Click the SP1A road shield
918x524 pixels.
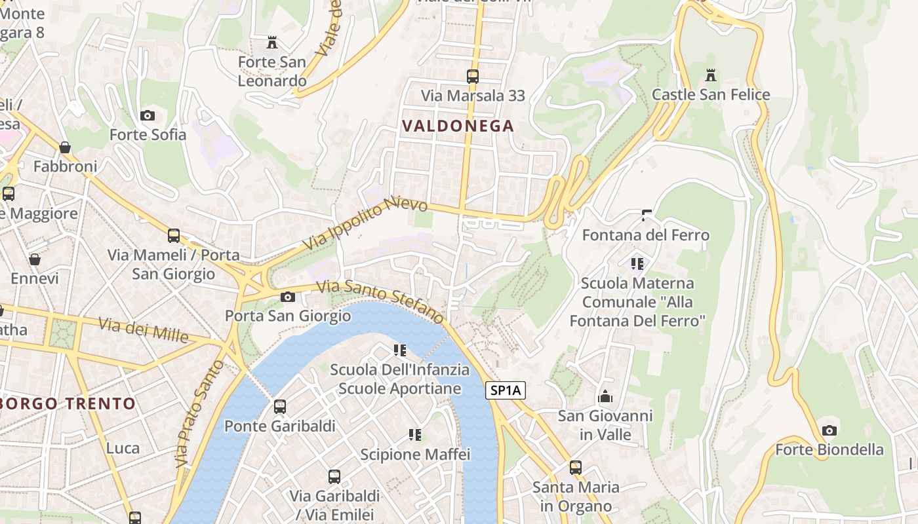(x=506, y=391)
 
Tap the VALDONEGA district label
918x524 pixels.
(x=458, y=126)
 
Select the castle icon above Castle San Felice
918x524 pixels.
(x=710, y=75)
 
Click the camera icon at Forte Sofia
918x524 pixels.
(x=148, y=116)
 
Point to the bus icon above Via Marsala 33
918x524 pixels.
(x=473, y=76)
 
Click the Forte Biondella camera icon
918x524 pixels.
(x=829, y=430)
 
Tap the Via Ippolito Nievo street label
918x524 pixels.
(x=365, y=225)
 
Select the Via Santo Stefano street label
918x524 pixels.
(x=380, y=301)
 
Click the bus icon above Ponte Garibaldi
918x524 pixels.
(x=280, y=407)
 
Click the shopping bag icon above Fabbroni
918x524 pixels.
(x=65, y=147)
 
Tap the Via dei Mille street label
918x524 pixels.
(x=144, y=329)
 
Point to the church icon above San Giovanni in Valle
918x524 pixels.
(x=605, y=396)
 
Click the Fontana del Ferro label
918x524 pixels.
(x=646, y=234)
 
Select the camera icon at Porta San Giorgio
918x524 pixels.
(x=287, y=297)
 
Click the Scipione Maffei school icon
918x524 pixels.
(x=414, y=434)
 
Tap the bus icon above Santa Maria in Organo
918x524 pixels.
(x=575, y=468)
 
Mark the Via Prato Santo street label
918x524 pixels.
(x=200, y=413)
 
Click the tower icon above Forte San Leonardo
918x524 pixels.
(x=271, y=43)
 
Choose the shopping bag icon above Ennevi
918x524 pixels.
(x=35, y=259)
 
